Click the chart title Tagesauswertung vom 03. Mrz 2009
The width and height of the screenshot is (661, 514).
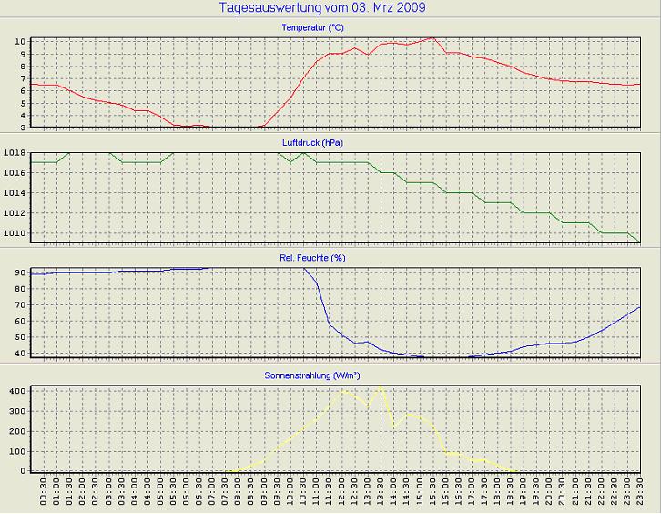pos(323,8)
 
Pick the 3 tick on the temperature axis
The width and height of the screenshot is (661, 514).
pos(23,128)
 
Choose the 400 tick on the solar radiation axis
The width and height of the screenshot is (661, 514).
pos(17,390)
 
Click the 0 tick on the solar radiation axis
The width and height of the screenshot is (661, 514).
pos(24,470)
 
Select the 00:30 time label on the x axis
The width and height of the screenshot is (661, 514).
pos(44,494)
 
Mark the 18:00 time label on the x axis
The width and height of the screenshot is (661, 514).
pos(499,494)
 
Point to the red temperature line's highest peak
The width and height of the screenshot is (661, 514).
pos(432,37)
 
